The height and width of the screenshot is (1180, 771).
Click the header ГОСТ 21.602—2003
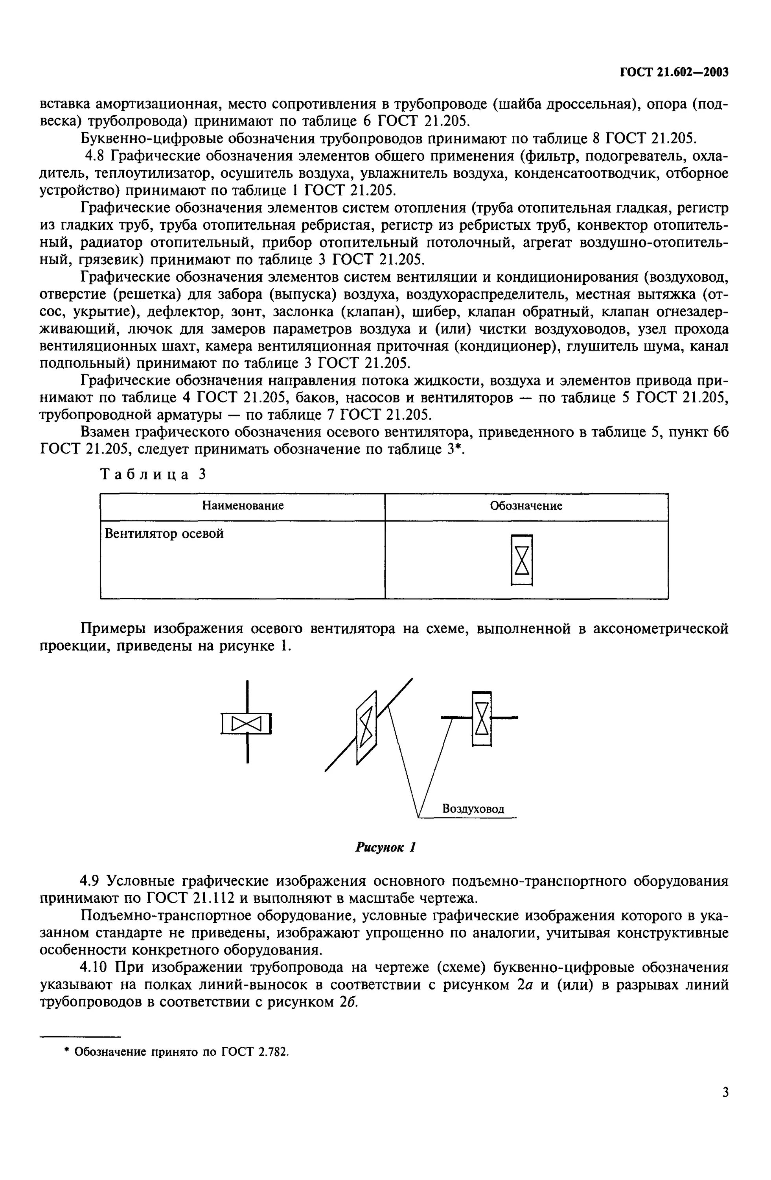pyautogui.click(x=674, y=72)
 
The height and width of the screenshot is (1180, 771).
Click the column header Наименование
pyautogui.click(x=243, y=506)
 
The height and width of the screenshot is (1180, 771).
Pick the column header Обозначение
pyautogui.click(x=526, y=506)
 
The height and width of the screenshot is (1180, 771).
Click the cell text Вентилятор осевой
pyautogui.click(x=164, y=534)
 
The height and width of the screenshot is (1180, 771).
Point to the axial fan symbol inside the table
pyautogui.click(x=522, y=560)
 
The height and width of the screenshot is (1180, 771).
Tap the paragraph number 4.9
pyautogui.click(x=91, y=881)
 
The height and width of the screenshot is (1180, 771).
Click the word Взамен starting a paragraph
pyautogui.click(x=107, y=432)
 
